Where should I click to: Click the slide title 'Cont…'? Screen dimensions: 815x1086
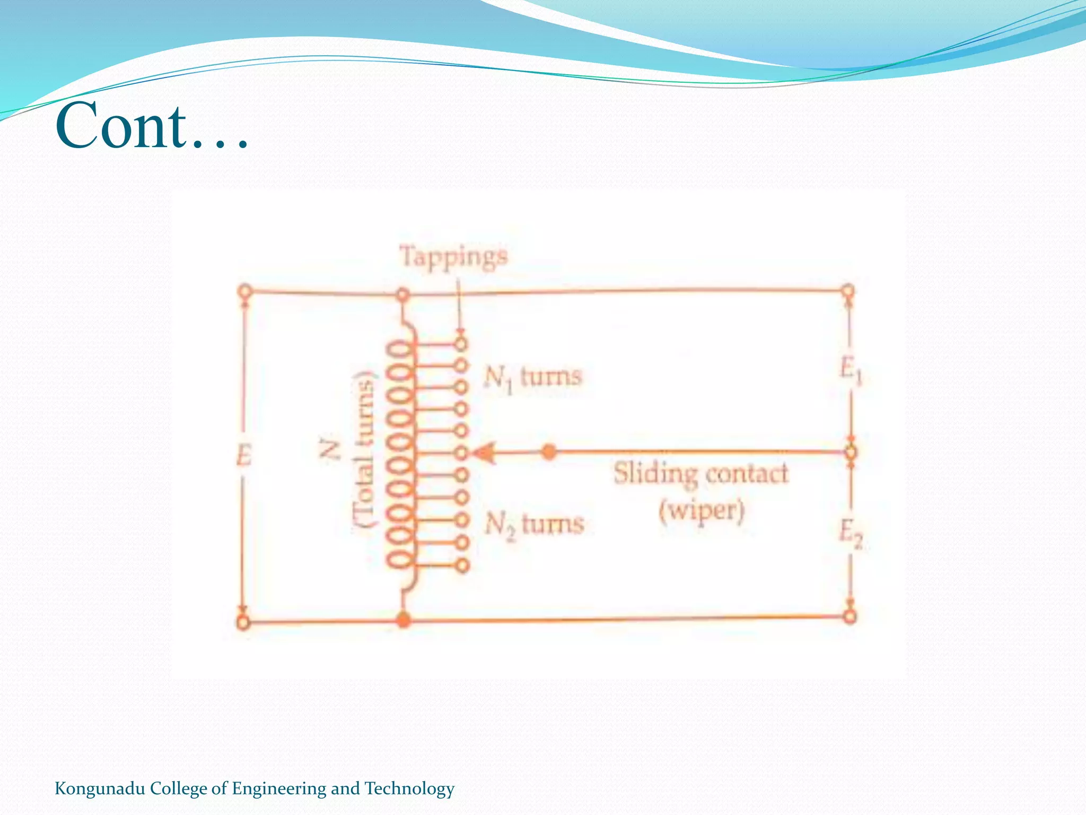152,126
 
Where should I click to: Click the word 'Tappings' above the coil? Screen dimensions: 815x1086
453,257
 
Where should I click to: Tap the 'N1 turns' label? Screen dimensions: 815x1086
532,378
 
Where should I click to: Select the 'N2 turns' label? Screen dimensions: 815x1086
534,525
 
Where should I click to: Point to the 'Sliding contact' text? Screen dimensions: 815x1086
700,473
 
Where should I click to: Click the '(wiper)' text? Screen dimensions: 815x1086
702,511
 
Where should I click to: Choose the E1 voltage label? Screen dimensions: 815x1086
851,369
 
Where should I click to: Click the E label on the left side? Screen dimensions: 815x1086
243,455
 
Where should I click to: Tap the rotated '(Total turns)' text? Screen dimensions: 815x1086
365,448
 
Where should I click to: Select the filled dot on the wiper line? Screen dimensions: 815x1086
549,453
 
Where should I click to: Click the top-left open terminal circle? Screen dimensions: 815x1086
244,291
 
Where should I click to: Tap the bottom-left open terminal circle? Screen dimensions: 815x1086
243,622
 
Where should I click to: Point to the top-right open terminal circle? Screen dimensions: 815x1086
848,290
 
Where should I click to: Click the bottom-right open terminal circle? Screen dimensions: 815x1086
850,617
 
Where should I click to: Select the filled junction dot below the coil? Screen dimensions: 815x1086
404,619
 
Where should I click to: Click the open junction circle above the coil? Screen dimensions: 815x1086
403,294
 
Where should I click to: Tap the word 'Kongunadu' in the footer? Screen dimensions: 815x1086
100,788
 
